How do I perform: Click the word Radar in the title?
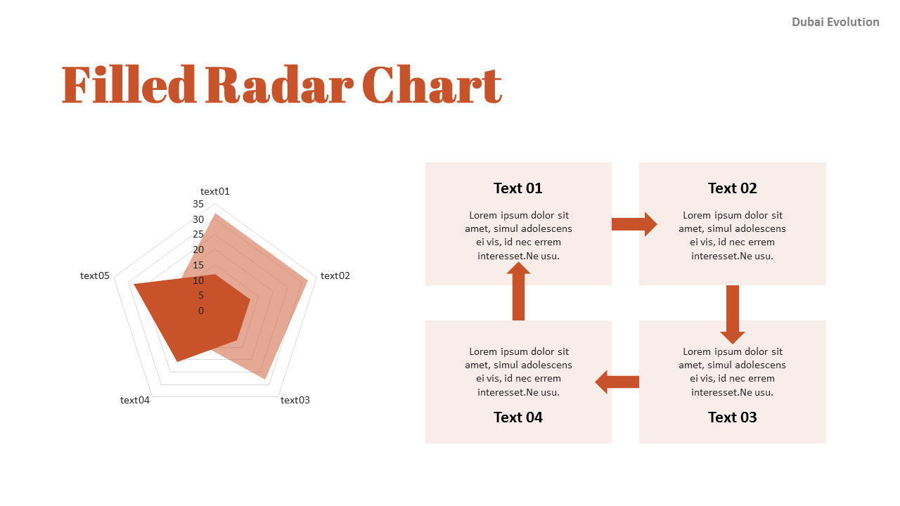(280, 85)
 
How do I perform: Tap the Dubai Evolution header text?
(835, 22)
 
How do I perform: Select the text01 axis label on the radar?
(215, 191)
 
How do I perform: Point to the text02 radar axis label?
(335, 275)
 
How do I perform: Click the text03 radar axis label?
(295, 400)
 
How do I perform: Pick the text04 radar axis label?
(134, 400)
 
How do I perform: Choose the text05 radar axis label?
(94, 275)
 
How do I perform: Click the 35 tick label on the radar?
(198, 204)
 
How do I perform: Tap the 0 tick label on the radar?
(201, 311)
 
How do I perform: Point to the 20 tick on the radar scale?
(198, 249)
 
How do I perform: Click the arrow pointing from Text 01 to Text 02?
(634, 224)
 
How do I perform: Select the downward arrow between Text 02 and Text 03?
(733, 315)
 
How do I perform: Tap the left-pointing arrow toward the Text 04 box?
(617, 382)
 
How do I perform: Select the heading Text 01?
(518, 188)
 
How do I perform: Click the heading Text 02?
(732, 188)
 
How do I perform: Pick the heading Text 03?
(732, 417)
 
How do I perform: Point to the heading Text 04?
(518, 417)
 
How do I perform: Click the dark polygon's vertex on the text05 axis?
(134, 285)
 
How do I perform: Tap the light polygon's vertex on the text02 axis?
(308, 280)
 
